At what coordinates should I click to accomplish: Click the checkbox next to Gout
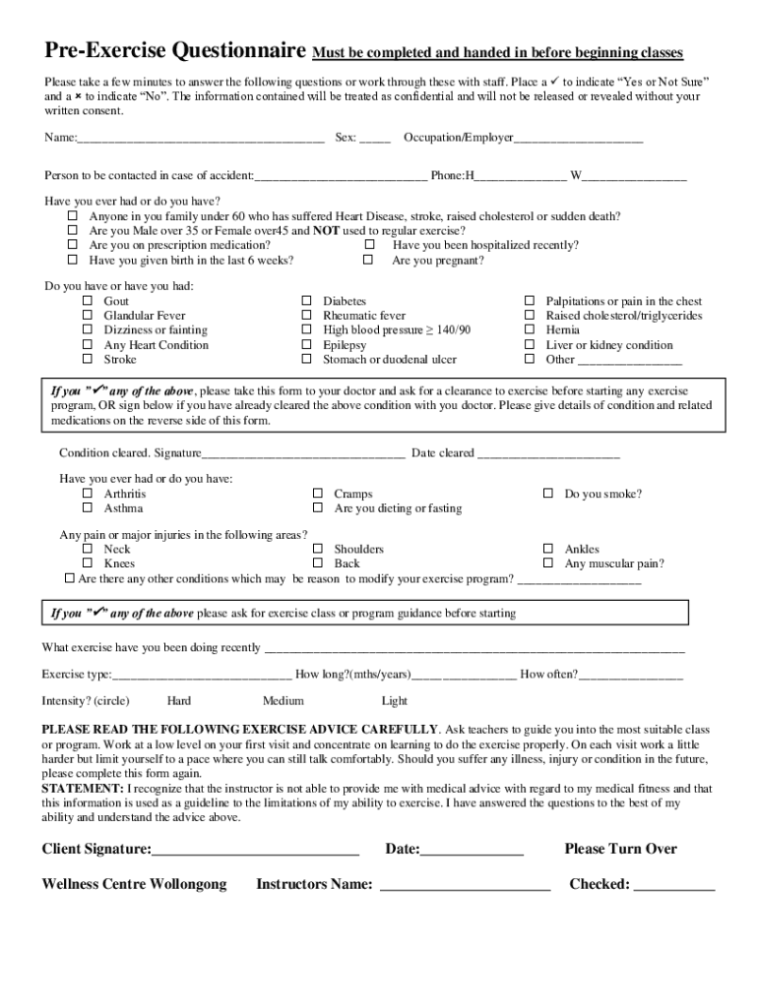click(x=87, y=301)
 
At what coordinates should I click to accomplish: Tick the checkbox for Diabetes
click(x=305, y=301)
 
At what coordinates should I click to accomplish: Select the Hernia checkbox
click(x=529, y=330)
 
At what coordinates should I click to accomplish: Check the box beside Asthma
click(x=87, y=508)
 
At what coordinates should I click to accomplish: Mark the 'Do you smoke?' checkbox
click(x=547, y=494)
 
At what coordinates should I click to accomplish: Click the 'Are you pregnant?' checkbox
click(x=368, y=261)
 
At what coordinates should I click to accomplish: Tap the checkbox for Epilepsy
click(x=305, y=345)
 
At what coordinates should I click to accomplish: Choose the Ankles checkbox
click(x=547, y=549)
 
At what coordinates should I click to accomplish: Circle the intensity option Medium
click(x=283, y=701)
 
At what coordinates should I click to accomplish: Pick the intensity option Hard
click(x=179, y=701)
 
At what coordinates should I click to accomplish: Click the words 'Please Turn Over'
click(x=620, y=849)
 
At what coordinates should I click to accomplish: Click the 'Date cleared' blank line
click(x=548, y=454)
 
